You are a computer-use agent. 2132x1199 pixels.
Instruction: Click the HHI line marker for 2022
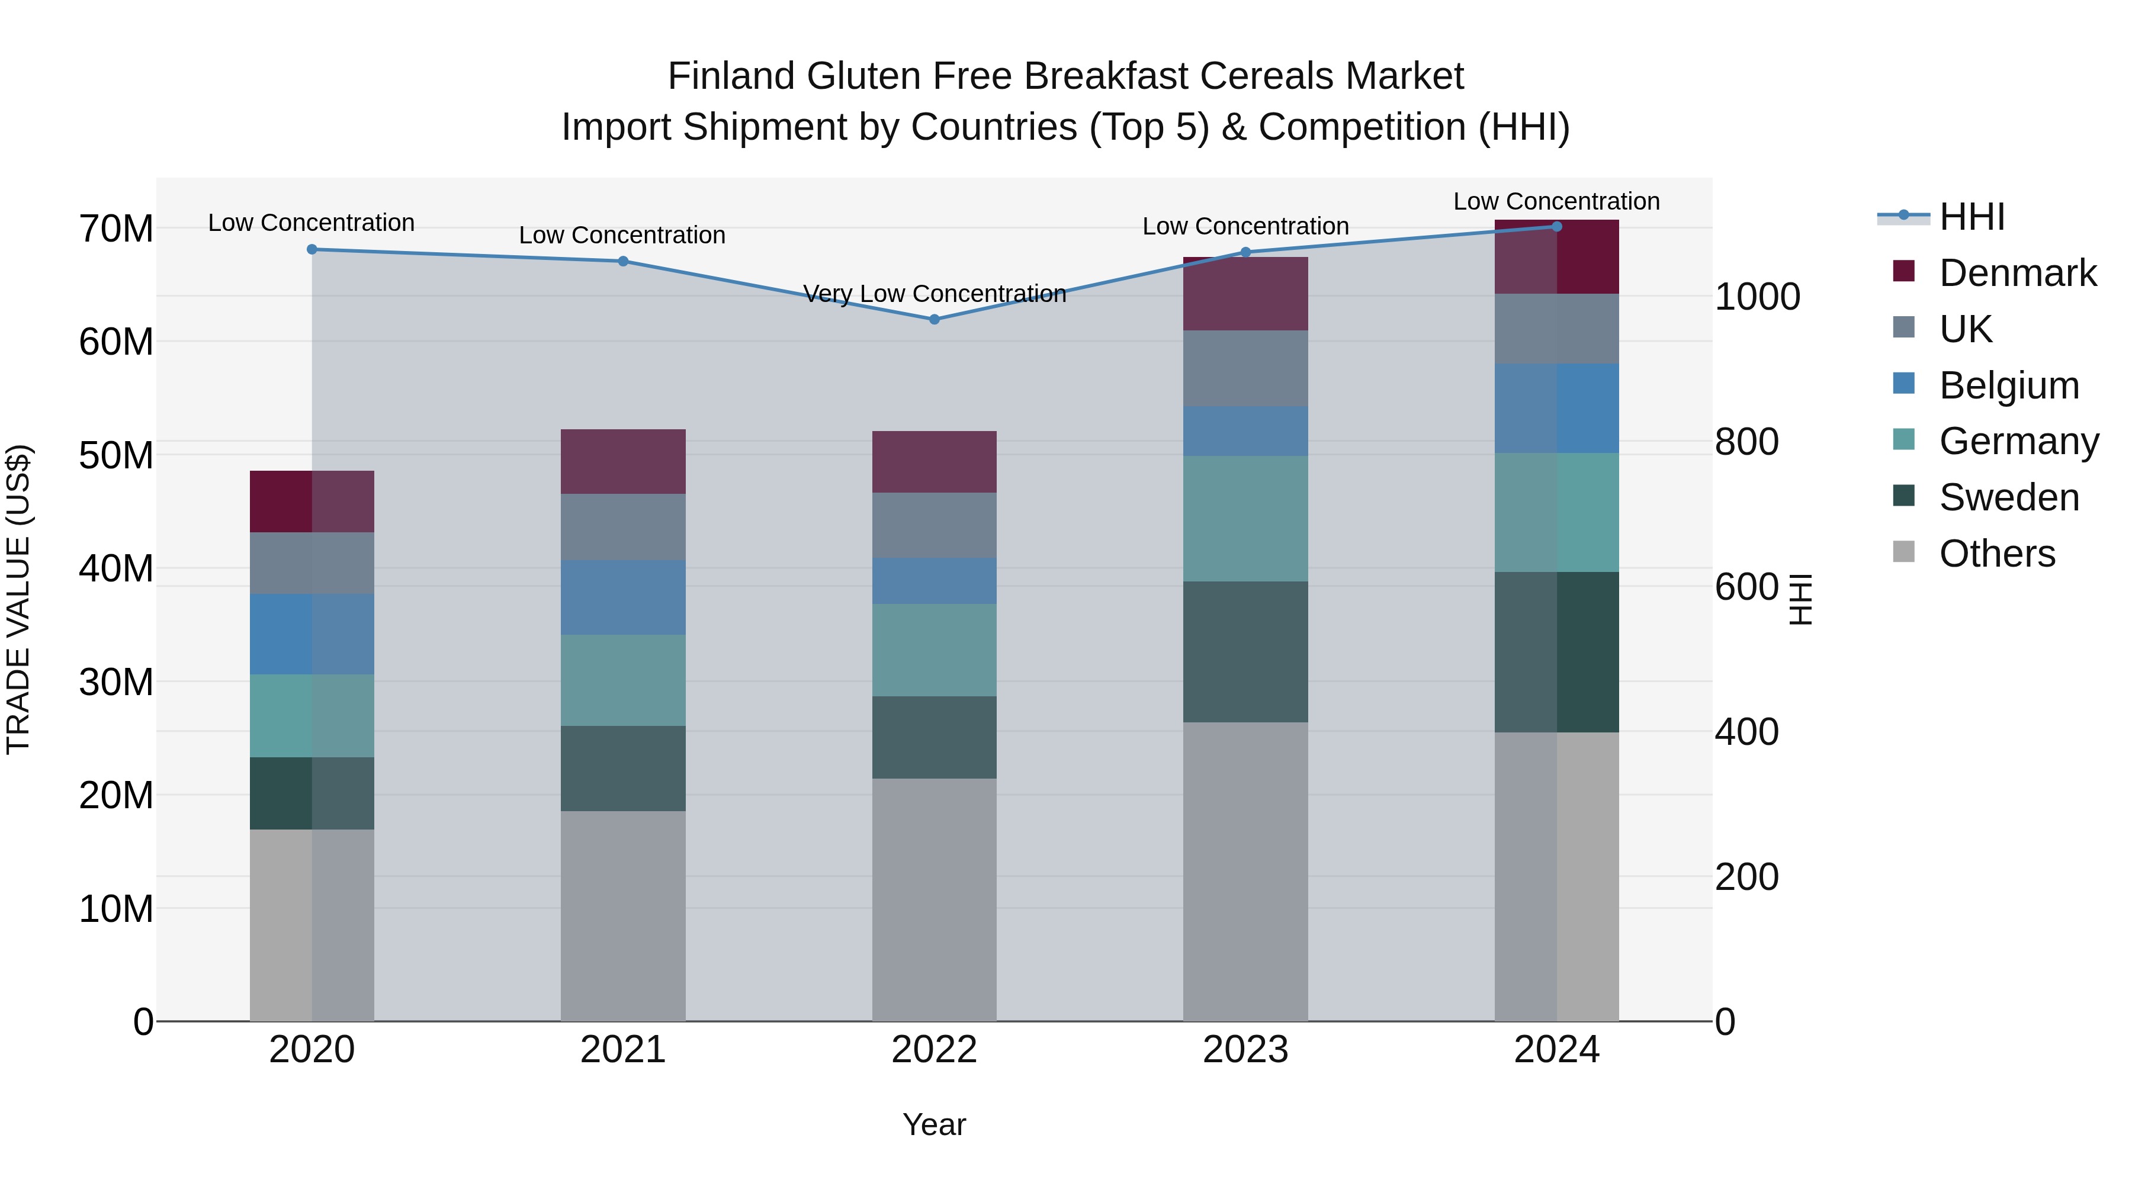click(935, 319)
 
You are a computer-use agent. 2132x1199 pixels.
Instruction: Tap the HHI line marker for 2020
click(312, 249)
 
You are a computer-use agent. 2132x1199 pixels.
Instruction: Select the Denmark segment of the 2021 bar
click(623, 462)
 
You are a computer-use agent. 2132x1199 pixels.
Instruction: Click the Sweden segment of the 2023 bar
click(1245, 652)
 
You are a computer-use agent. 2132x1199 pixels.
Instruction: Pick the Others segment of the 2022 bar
click(935, 899)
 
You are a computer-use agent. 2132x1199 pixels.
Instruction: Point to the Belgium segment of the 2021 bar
click(623, 597)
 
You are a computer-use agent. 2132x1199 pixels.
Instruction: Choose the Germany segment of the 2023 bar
click(1245, 519)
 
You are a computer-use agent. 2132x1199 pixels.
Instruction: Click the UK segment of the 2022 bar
click(935, 525)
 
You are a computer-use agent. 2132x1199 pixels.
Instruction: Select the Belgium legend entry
click(2009, 385)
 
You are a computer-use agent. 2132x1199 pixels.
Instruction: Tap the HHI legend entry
click(1972, 217)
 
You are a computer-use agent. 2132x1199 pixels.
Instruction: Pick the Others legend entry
click(1996, 554)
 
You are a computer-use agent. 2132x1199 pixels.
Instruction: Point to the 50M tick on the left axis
click(116, 456)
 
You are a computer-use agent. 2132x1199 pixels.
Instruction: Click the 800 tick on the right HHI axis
click(1746, 442)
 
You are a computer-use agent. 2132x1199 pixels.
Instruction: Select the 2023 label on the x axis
click(1245, 1050)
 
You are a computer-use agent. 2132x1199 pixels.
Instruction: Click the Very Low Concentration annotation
click(935, 294)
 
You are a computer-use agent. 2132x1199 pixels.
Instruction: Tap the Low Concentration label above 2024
click(1556, 201)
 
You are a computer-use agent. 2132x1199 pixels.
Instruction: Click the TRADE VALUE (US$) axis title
click(18, 599)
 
